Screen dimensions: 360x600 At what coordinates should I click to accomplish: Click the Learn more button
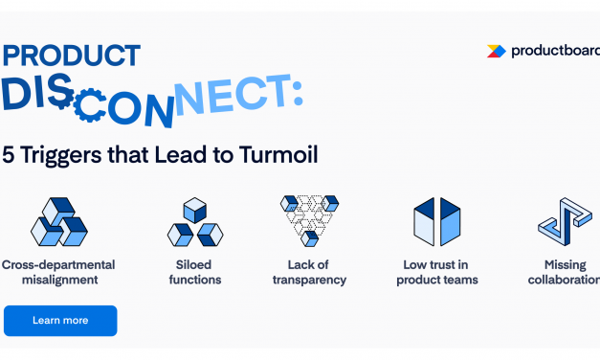coord(59,320)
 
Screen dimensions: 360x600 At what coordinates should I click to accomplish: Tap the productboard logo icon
coord(496,51)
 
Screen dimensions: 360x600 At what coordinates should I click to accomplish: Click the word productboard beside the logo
coord(551,51)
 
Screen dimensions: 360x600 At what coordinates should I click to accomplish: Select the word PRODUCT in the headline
coord(71,56)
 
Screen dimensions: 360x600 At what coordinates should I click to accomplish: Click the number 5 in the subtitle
coord(10,153)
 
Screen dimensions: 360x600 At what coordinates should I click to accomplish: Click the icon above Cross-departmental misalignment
coord(58,222)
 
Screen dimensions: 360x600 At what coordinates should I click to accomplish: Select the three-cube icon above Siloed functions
coord(195,222)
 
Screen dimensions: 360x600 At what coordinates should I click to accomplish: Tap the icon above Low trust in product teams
coord(436,222)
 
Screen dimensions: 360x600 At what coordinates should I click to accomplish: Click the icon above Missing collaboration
coord(563,222)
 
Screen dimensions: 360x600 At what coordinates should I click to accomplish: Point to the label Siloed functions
coord(195,272)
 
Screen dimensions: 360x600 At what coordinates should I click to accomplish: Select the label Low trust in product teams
coord(436,272)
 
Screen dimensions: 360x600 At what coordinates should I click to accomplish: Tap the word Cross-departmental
coord(58,264)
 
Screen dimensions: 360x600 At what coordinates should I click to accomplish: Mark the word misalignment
coord(58,280)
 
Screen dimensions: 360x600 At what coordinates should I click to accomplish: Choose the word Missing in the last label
coord(565,264)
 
